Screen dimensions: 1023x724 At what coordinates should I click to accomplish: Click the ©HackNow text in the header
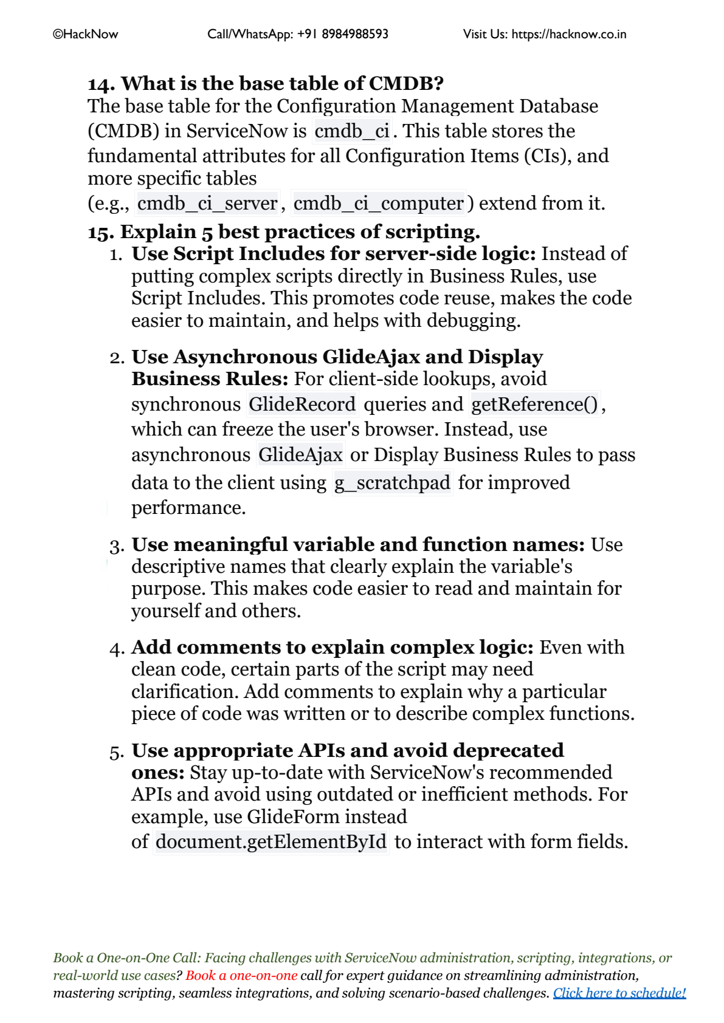click(x=86, y=34)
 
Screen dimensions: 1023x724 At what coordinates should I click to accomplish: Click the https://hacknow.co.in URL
click(x=568, y=34)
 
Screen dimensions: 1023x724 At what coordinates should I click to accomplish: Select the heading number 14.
click(x=101, y=84)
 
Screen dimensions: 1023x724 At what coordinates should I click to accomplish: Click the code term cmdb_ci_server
click(x=207, y=203)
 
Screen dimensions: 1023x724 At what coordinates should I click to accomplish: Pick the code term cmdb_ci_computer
click(x=378, y=203)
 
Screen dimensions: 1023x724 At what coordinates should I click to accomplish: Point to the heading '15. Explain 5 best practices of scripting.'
click(x=284, y=231)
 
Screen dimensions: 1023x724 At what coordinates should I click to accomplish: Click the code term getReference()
click(x=535, y=404)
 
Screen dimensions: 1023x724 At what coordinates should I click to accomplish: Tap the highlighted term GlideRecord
click(x=302, y=404)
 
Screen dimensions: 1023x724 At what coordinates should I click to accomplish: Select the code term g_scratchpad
click(x=393, y=483)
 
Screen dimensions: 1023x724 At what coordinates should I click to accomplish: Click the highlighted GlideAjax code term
click(x=300, y=455)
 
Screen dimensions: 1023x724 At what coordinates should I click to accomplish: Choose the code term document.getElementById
click(x=271, y=841)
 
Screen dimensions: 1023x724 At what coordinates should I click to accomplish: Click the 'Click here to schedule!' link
click(x=619, y=993)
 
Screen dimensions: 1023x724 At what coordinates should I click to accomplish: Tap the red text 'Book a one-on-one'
click(x=241, y=975)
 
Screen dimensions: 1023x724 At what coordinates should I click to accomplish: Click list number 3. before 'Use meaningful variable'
click(x=117, y=546)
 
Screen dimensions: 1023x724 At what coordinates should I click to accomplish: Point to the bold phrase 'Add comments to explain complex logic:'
click(x=333, y=647)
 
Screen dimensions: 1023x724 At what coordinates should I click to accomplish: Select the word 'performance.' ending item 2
click(x=188, y=507)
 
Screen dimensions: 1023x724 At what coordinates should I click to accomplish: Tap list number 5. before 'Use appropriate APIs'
click(x=117, y=752)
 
